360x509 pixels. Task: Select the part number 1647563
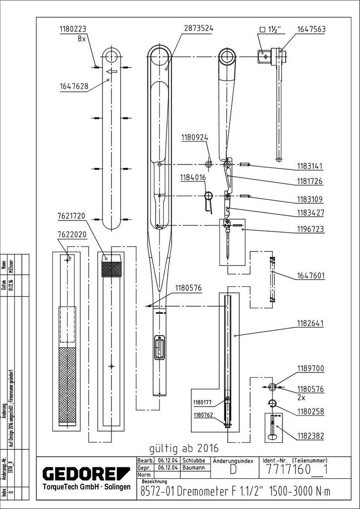coord(311,29)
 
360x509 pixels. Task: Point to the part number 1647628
coord(74,86)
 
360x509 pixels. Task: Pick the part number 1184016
coord(193,176)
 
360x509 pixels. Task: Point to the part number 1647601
coord(311,275)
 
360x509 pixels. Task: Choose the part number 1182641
coord(311,323)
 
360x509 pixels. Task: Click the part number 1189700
coord(311,369)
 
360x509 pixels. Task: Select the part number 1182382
coord(311,436)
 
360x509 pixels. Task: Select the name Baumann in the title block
coord(193,468)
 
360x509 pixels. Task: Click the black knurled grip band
coord(111,269)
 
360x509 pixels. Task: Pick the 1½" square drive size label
coord(272,29)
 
